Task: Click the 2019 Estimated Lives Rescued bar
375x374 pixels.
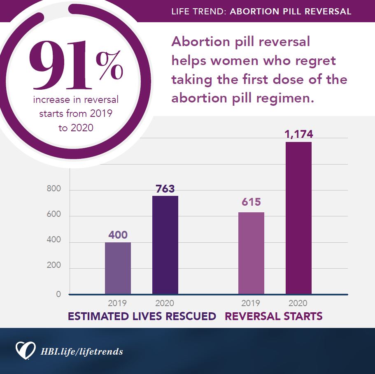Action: click(x=118, y=268)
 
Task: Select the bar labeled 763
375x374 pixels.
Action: click(x=165, y=245)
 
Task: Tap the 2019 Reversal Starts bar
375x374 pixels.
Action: click(x=251, y=253)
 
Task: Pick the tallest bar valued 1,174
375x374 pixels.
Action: click(x=298, y=218)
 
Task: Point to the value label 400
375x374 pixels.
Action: click(x=118, y=235)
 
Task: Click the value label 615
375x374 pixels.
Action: click(x=251, y=202)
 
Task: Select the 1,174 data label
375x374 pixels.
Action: click(x=299, y=134)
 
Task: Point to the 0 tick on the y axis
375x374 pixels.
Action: click(x=58, y=294)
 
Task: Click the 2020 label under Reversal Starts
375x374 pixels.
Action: click(x=298, y=304)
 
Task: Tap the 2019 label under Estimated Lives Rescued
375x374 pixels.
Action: click(x=117, y=304)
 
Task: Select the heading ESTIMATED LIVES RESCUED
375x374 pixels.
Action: click(x=142, y=316)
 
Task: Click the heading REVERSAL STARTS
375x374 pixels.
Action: click(x=273, y=316)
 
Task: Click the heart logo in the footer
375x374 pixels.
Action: click(x=25, y=350)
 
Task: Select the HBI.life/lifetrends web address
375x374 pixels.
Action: click(x=82, y=352)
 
